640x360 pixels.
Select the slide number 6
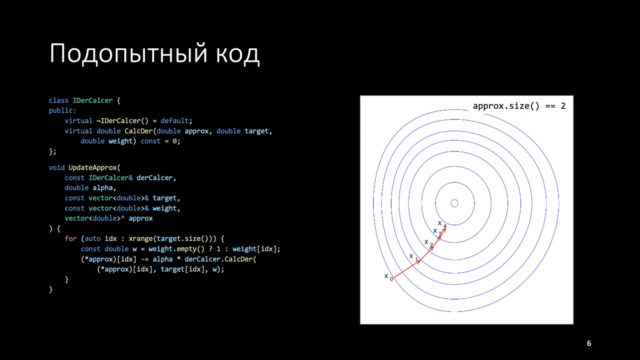tap(589, 343)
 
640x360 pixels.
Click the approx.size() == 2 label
tap(519, 106)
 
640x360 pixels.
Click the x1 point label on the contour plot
tap(413, 257)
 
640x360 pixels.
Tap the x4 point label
tap(442, 224)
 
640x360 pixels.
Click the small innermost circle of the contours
tap(454, 203)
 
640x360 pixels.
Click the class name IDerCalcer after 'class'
tap(92, 100)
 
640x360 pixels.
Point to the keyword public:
tap(62, 110)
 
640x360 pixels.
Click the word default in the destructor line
tap(174, 121)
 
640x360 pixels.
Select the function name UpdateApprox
tap(92, 168)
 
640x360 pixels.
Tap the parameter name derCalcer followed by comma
tap(154, 178)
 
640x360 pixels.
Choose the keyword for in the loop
tap(70, 238)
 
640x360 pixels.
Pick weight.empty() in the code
tap(176, 249)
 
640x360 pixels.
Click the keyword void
tap(56, 168)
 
